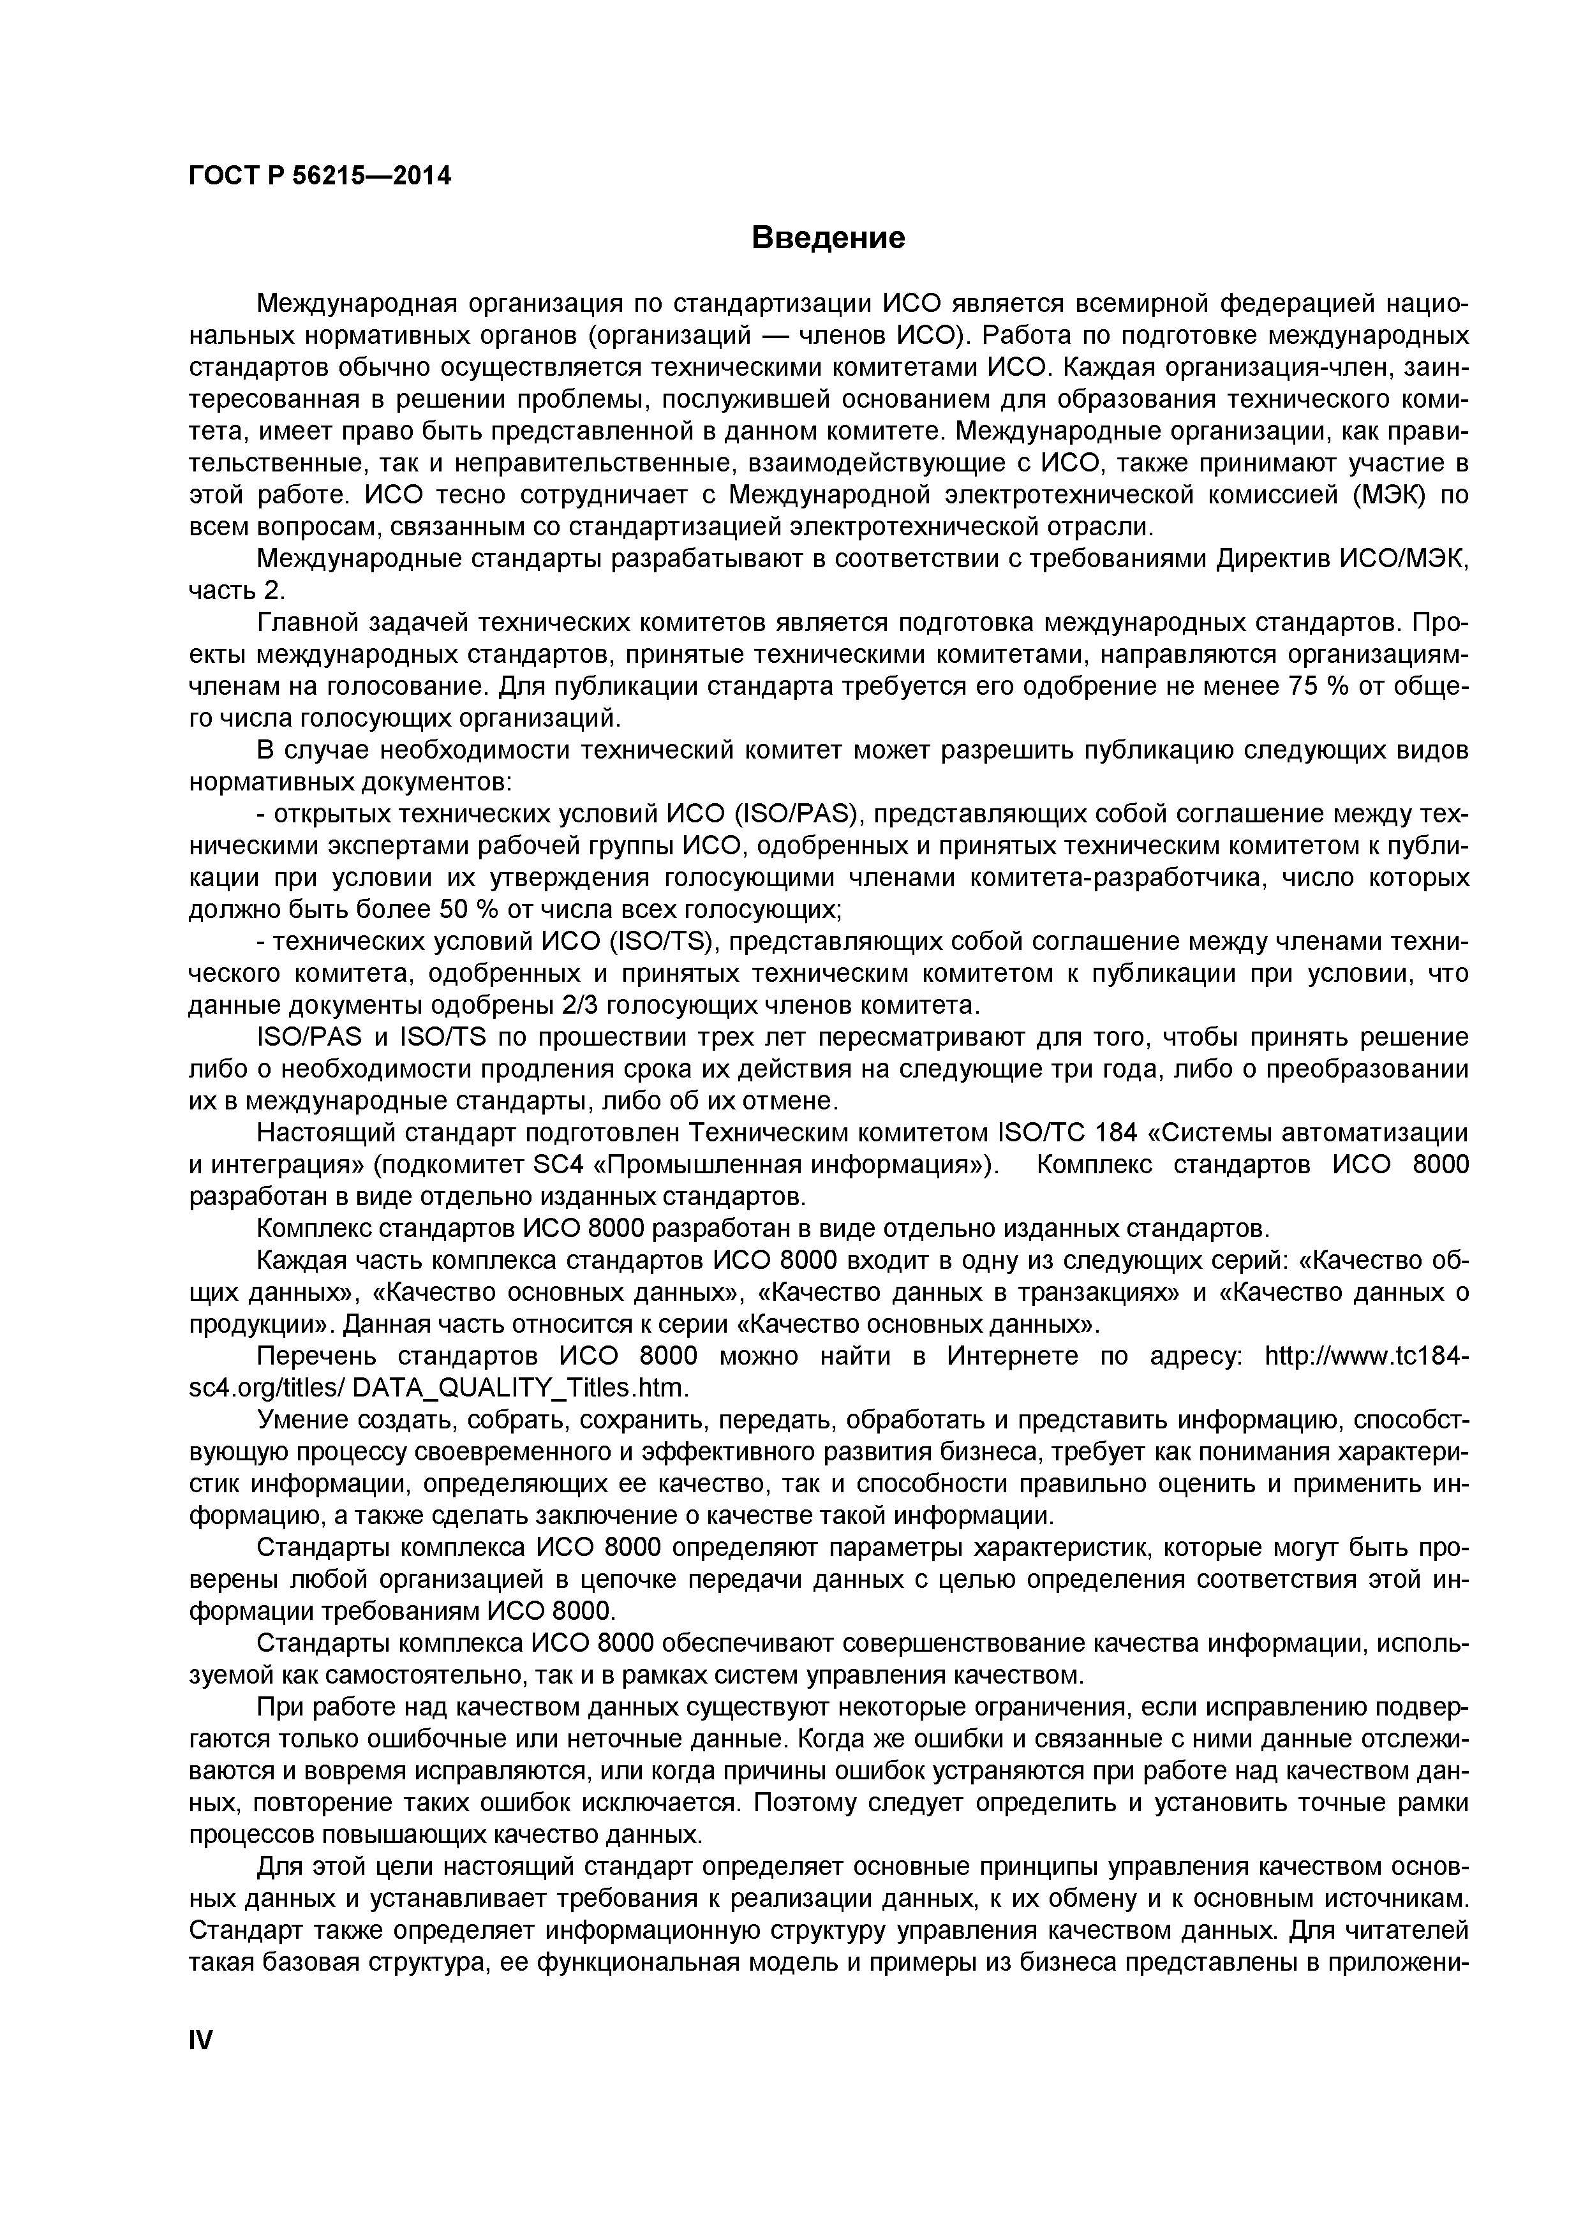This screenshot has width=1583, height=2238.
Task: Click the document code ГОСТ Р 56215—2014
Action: pyautogui.click(x=320, y=177)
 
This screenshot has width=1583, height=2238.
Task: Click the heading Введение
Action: pyautogui.click(x=829, y=238)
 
